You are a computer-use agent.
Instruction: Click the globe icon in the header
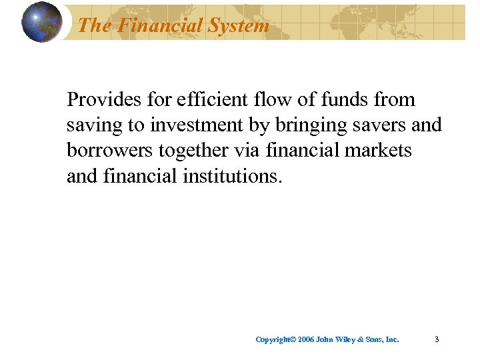[41, 22]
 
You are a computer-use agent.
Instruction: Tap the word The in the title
[93, 25]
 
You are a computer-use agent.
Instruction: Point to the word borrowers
[109, 151]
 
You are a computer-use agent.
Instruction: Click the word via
[249, 151]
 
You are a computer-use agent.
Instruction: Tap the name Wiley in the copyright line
[351, 339]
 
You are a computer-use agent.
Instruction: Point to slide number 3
[436, 339]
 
